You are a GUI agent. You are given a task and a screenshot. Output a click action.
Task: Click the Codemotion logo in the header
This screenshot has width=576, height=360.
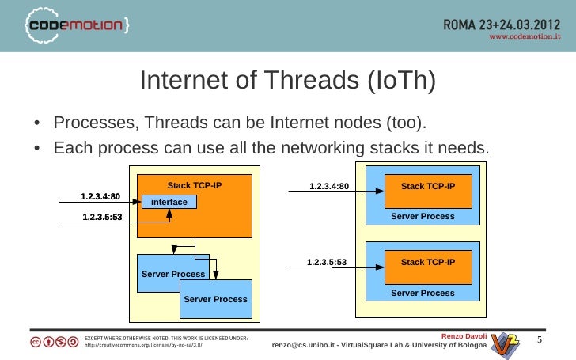click(79, 27)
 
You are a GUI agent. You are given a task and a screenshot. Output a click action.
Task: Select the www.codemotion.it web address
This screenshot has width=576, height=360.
click(525, 36)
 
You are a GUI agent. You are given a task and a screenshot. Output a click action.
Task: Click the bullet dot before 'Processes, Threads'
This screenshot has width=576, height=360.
click(37, 124)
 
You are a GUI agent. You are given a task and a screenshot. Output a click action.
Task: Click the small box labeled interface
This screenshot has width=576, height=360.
click(169, 203)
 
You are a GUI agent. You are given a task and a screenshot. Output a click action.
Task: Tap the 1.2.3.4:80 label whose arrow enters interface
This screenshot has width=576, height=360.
click(100, 195)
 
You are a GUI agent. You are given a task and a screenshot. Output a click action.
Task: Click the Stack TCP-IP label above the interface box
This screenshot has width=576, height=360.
click(194, 185)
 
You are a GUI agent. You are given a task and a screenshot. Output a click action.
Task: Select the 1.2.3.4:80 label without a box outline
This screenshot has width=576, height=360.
click(328, 187)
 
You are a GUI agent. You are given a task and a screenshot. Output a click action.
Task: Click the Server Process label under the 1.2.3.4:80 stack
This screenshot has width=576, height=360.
click(423, 216)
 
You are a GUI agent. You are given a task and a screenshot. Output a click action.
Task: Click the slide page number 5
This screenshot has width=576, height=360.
click(540, 340)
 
